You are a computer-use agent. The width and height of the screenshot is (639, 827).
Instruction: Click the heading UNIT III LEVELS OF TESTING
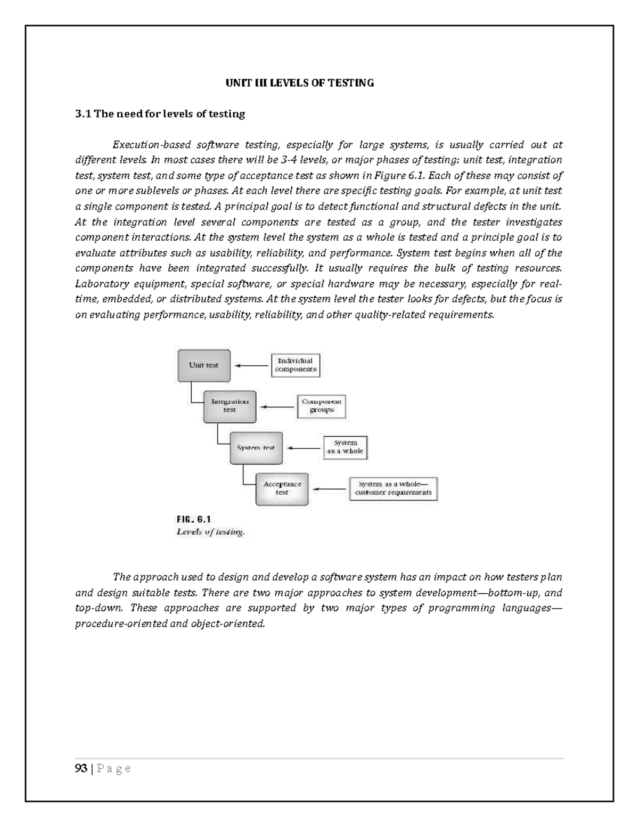(300, 83)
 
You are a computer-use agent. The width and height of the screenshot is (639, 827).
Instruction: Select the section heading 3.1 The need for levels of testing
(160, 114)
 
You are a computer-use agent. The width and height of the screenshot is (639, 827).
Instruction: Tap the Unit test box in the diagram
(204, 365)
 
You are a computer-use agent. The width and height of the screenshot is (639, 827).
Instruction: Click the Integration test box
(230, 406)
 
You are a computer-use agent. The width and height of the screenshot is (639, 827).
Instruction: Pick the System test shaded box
(256, 448)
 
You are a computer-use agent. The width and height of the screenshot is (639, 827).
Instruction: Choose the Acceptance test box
(282, 488)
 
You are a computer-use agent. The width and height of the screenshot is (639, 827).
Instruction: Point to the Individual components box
(296, 365)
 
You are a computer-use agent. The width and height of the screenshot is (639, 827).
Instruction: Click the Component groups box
(322, 406)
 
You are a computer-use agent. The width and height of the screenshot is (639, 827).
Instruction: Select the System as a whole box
(346, 447)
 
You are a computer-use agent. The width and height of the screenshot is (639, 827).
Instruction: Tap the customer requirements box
(394, 489)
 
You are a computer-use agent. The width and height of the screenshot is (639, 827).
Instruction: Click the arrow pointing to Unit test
(252, 366)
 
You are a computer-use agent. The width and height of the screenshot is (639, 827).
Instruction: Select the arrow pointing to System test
(304, 448)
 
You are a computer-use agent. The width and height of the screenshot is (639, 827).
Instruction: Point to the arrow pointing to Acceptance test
(330, 489)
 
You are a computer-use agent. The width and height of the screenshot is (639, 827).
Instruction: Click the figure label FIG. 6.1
(194, 519)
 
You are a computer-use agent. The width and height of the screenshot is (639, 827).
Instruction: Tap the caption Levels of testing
(210, 531)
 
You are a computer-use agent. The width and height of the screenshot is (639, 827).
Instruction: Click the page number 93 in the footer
(81, 768)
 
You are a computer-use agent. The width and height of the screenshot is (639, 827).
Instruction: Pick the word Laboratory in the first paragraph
(99, 284)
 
